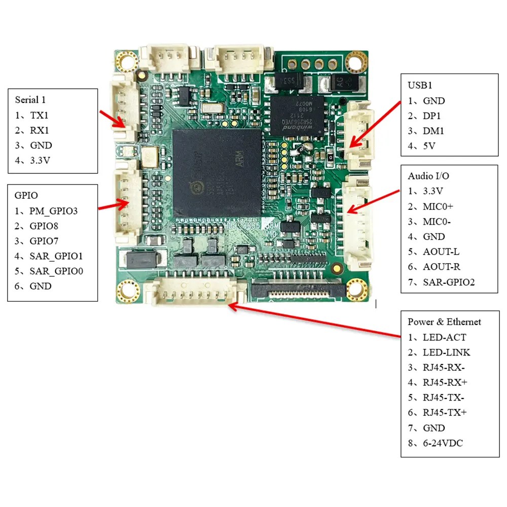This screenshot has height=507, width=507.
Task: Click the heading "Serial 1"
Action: (34, 100)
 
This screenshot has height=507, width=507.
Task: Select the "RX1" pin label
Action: (41, 130)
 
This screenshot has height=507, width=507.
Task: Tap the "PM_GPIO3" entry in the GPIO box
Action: (53, 210)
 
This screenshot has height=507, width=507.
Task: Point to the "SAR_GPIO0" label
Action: (56, 271)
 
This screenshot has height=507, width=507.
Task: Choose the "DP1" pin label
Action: (432, 116)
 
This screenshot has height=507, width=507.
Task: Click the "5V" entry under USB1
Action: (429, 146)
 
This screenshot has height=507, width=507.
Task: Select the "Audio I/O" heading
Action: (428, 176)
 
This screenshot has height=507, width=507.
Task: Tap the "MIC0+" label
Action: (438, 206)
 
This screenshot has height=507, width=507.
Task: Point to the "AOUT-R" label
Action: (441, 267)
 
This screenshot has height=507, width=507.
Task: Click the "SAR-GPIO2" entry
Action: (448, 282)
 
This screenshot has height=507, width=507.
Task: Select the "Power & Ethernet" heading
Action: (444, 322)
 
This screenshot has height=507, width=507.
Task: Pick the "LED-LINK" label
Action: (446, 352)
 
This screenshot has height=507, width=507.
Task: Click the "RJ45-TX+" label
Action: (445, 413)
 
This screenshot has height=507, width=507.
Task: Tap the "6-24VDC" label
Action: (443, 443)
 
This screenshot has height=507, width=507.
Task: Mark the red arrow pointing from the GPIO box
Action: (113, 205)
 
